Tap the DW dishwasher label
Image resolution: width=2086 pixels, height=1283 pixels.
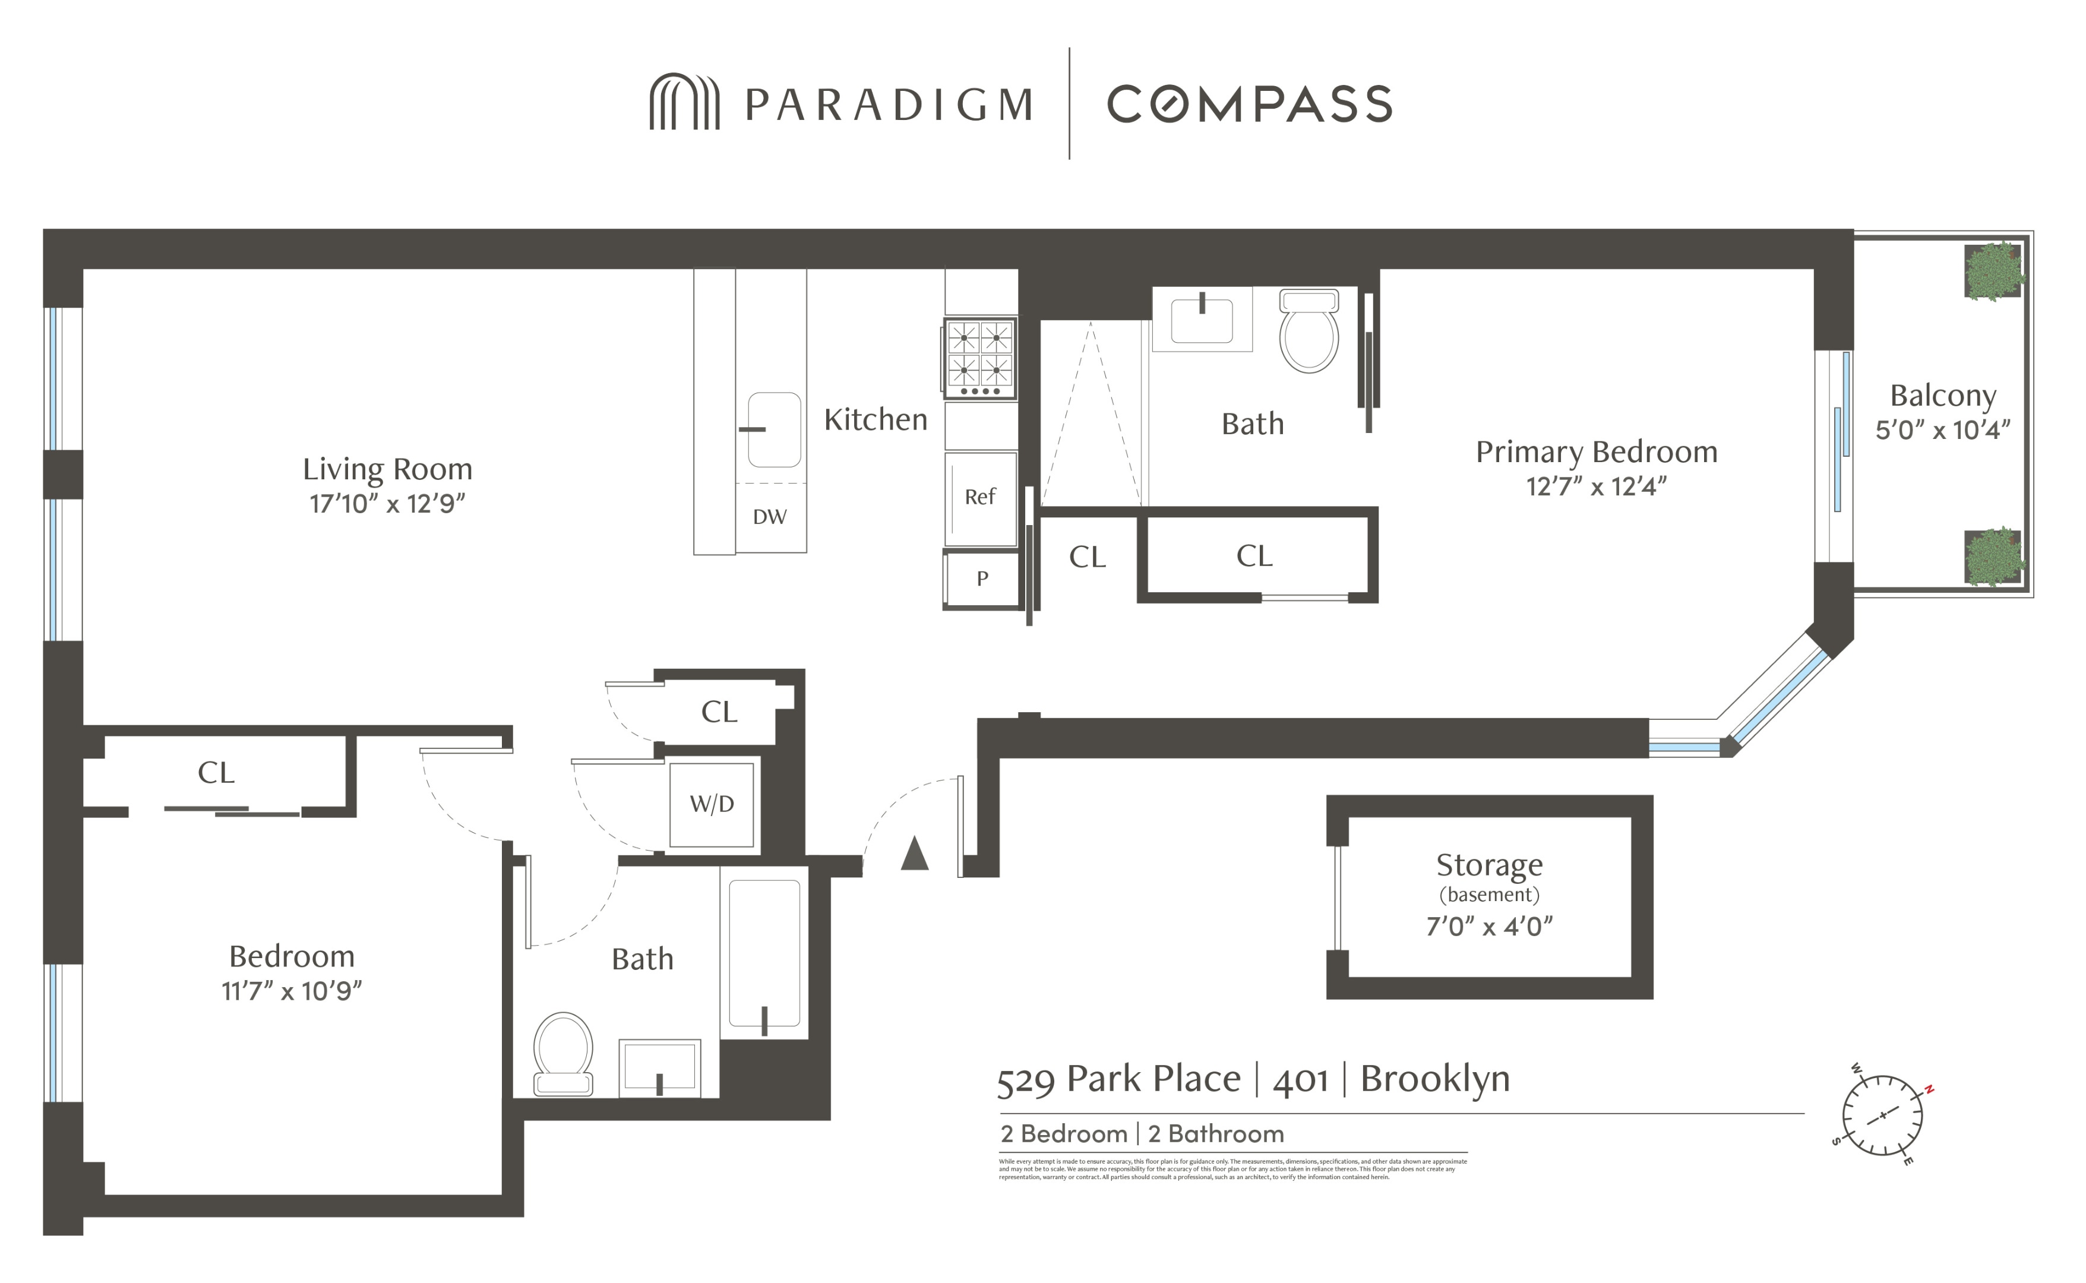(x=769, y=517)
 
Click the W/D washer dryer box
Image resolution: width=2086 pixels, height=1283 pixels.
(x=712, y=804)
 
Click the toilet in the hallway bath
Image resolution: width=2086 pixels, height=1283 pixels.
(x=563, y=1053)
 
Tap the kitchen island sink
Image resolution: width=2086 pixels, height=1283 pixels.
(x=774, y=429)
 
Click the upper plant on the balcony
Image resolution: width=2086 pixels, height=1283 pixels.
(x=1993, y=271)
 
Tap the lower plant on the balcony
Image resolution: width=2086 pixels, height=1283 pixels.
(x=1993, y=557)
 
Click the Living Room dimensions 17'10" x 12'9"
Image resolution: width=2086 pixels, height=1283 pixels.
(x=388, y=504)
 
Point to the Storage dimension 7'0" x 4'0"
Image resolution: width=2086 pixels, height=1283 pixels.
(x=1490, y=927)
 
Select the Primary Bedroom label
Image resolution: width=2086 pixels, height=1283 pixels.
(x=1597, y=452)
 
